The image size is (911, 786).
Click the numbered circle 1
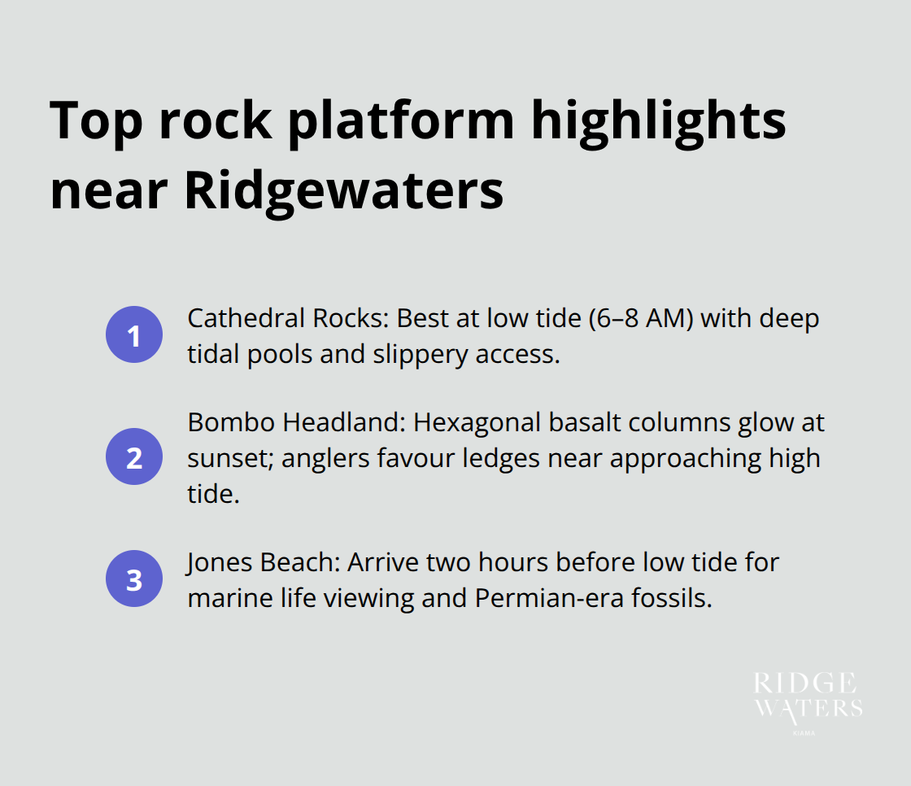coord(134,334)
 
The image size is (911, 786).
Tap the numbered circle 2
coord(134,456)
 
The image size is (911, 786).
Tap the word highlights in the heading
coord(659,120)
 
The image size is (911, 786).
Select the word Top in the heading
coord(96,120)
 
